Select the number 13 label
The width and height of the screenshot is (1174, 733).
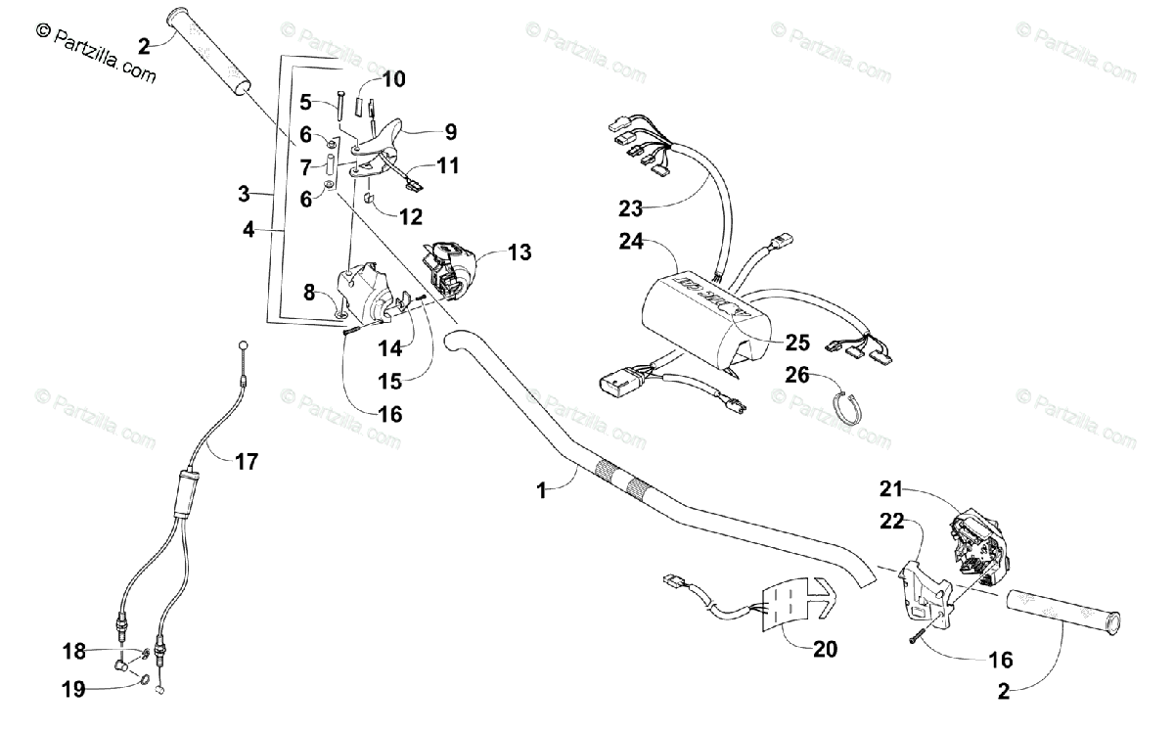[520, 253]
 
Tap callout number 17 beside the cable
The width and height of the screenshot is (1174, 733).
[247, 460]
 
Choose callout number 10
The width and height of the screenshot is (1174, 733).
[393, 79]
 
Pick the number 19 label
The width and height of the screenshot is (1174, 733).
[73, 689]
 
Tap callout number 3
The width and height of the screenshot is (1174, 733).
[245, 194]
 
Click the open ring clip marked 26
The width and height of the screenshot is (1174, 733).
[846, 404]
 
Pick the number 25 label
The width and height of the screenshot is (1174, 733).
[797, 343]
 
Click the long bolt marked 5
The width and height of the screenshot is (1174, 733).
[339, 105]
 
